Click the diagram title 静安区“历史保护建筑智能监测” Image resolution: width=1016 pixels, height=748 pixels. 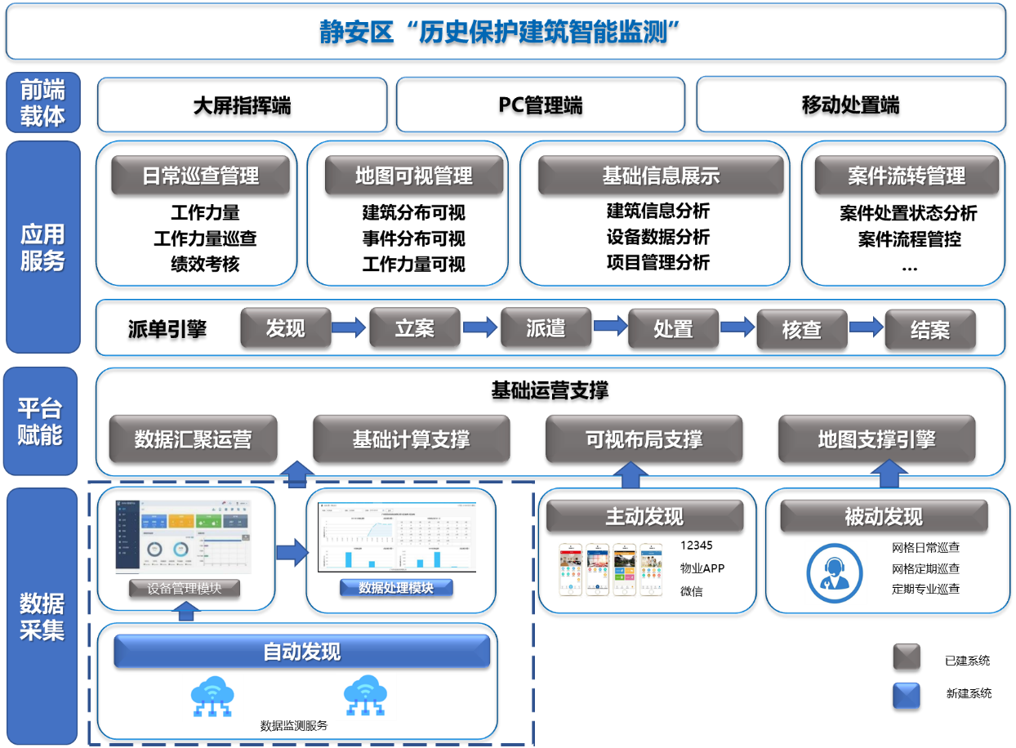(x=500, y=33)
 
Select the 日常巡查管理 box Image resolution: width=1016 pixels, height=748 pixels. (x=200, y=176)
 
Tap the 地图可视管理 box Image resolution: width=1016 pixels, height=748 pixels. (x=413, y=176)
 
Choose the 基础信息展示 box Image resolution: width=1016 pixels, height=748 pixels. (x=660, y=176)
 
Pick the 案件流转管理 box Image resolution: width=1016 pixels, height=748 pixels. (x=906, y=176)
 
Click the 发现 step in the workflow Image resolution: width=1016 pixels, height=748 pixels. (x=285, y=328)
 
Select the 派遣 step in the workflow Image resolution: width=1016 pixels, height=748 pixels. (x=545, y=328)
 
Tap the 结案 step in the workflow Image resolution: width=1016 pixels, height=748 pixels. (x=929, y=330)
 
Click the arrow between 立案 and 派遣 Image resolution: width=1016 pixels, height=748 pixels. (x=480, y=327)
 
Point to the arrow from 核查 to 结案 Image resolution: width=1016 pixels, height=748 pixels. (x=866, y=327)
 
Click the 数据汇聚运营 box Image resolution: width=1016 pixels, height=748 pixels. (x=193, y=439)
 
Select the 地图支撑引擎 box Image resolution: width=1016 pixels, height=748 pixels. (x=876, y=439)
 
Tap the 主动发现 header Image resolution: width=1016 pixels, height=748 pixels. (x=644, y=516)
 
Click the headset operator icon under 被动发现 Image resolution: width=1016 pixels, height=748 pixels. (x=836, y=572)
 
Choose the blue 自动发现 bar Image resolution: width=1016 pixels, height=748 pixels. (x=301, y=652)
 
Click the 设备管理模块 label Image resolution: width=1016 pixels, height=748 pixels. (x=185, y=588)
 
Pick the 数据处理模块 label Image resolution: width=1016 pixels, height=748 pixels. (x=395, y=587)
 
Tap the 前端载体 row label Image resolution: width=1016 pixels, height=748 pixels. (x=42, y=102)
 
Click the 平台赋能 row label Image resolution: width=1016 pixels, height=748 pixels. (x=40, y=421)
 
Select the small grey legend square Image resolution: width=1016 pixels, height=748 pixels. (x=907, y=657)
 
